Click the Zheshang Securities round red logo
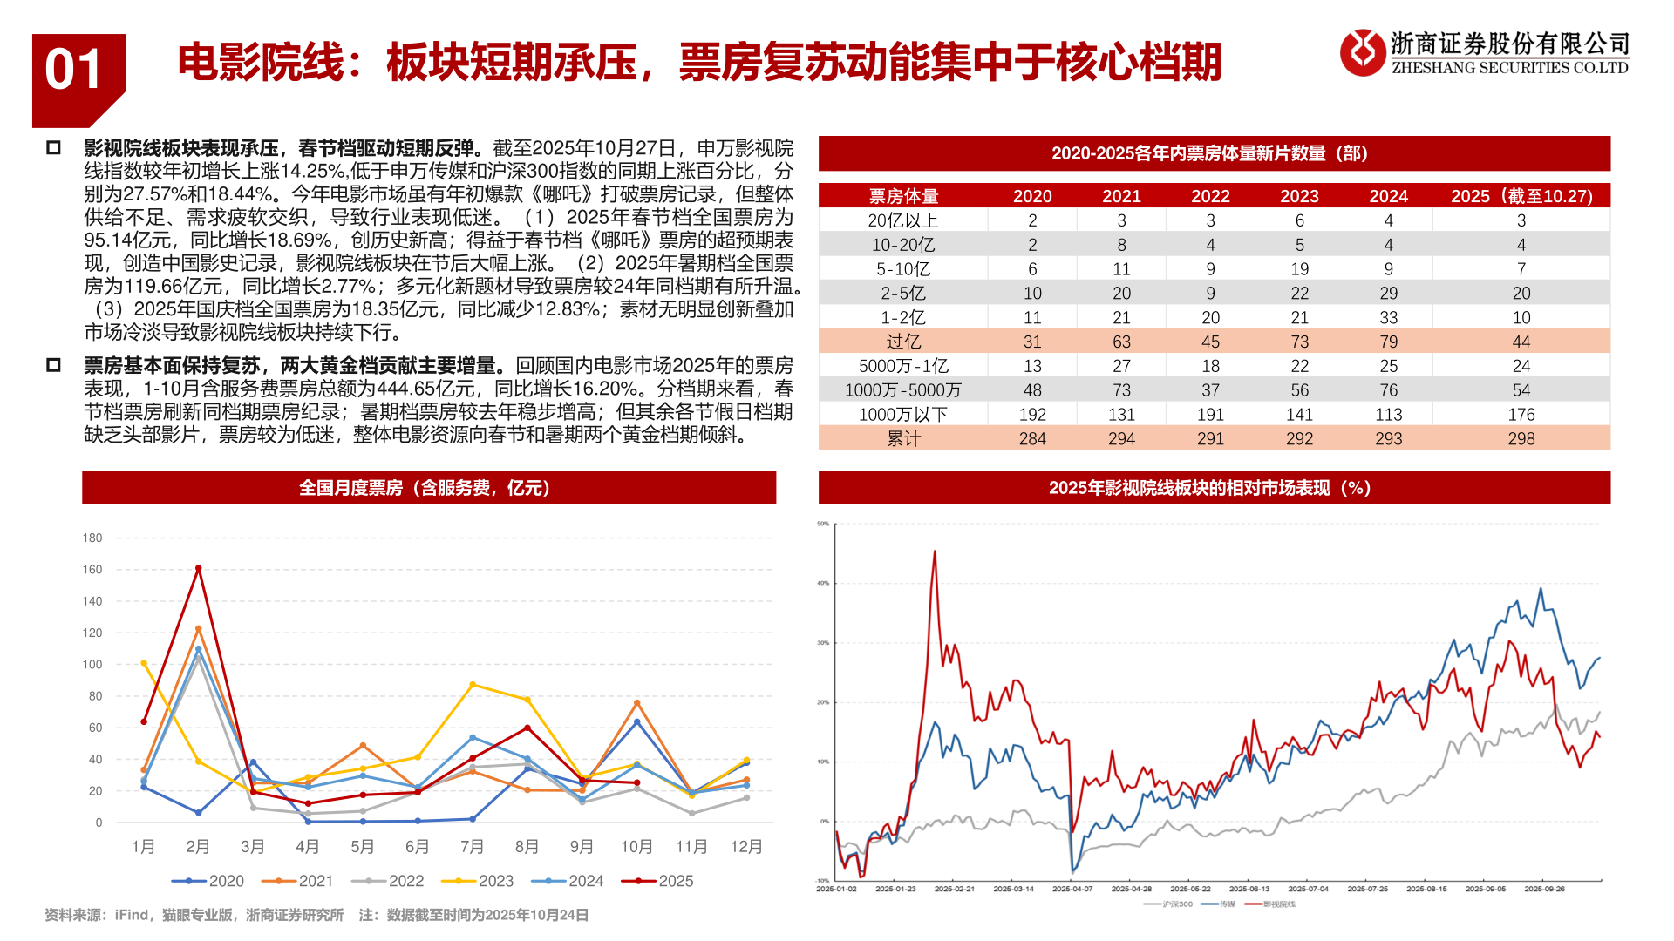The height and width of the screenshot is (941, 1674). [x=1362, y=52]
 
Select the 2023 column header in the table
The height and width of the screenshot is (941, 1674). [x=1299, y=196]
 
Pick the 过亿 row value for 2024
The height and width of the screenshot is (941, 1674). [x=1388, y=342]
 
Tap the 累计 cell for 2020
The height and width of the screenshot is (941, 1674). [x=1032, y=439]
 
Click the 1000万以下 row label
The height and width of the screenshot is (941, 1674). [x=903, y=415]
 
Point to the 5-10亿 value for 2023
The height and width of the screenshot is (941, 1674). [x=1299, y=269]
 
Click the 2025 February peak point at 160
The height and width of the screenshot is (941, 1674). [x=199, y=569]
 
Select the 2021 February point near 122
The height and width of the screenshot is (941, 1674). [x=199, y=629]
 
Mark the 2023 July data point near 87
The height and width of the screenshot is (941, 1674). [x=473, y=685]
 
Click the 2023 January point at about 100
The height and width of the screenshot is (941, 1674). [x=144, y=663]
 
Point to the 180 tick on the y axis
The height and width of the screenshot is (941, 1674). [x=92, y=538]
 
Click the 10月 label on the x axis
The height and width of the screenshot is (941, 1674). [x=636, y=847]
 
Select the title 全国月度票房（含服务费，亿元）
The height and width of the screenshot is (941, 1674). [x=428, y=488]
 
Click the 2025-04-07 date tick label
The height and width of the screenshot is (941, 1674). [x=1072, y=889]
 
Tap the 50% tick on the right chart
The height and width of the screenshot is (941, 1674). [x=823, y=524]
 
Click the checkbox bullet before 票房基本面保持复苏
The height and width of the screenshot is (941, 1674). [x=53, y=365]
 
